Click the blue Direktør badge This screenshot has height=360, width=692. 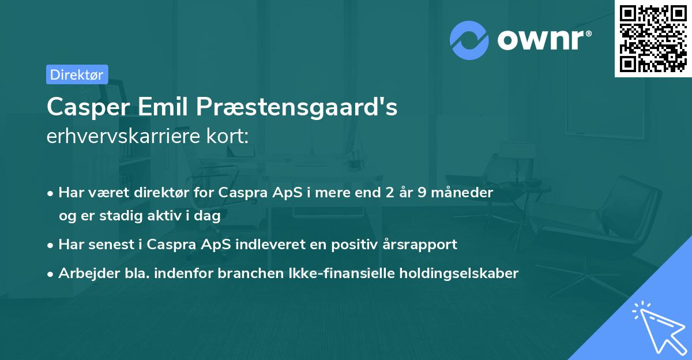tap(77, 74)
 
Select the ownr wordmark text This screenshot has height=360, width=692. tap(543, 40)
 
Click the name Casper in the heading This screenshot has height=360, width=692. tap(89, 107)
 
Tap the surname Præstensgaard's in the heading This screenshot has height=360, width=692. tap(299, 108)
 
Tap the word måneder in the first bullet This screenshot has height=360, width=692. tap(465, 193)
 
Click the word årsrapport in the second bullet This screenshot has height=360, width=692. tap(425, 245)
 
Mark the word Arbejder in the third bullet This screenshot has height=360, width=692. tap(84, 273)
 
